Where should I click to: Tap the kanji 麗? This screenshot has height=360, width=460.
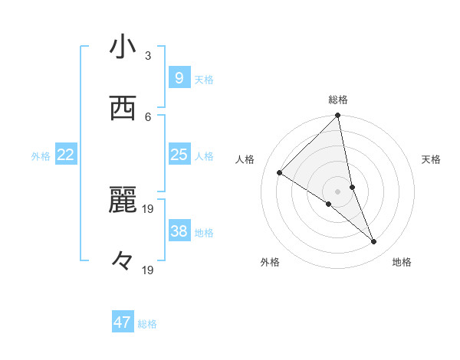click(123, 201)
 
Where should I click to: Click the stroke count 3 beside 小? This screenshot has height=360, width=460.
click(148, 56)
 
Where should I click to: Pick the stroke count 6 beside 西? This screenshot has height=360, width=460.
click(148, 116)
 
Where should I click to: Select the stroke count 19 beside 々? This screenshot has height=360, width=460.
click(149, 270)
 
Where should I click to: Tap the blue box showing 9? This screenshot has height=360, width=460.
click(179, 77)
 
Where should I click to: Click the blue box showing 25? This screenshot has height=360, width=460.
click(179, 155)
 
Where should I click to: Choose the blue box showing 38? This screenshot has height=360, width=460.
click(179, 231)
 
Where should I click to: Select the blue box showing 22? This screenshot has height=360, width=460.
click(66, 155)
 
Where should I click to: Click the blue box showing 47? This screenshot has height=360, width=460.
click(123, 322)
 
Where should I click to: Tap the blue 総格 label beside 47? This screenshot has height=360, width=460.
click(147, 324)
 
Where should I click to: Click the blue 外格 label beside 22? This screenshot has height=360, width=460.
click(41, 156)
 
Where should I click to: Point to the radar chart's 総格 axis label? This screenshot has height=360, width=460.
click(338, 100)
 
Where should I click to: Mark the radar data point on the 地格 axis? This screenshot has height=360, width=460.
click(374, 242)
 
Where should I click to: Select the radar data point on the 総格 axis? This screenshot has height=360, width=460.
click(338, 116)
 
